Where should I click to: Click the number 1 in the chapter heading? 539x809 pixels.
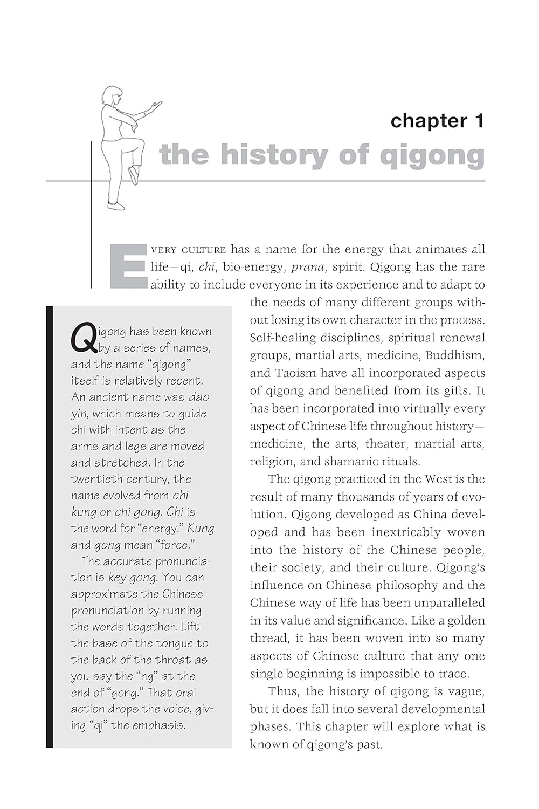click(478, 121)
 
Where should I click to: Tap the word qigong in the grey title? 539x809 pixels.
click(432, 157)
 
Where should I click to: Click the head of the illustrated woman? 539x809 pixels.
click(113, 95)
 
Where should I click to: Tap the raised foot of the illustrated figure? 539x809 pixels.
click(133, 175)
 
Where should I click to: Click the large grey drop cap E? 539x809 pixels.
click(129, 266)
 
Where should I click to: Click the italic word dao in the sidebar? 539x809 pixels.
click(199, 397)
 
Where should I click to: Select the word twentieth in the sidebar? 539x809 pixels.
click(95, 479)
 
